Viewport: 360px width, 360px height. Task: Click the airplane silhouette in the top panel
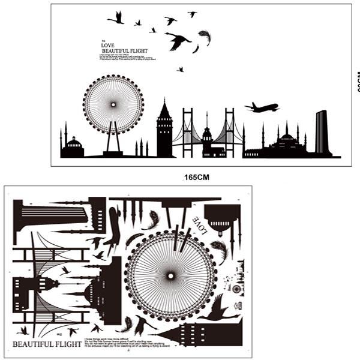[262, 108]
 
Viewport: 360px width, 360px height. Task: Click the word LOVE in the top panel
[108, 46]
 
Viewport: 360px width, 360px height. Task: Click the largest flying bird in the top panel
[178, 41]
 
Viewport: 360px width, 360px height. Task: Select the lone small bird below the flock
[180, 70]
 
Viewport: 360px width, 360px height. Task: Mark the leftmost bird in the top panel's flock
[116, 18]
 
